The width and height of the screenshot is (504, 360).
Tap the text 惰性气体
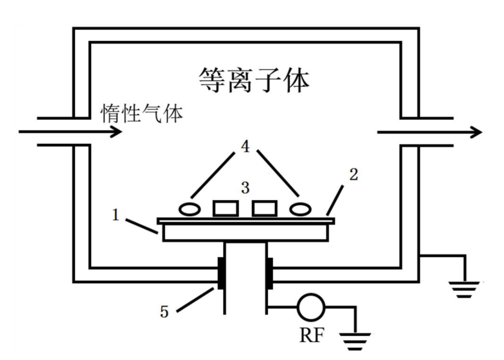(x=142, y=114)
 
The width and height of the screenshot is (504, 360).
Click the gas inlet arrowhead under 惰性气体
(x=117, y=132)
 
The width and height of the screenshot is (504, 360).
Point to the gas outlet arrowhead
(x=477, y=132)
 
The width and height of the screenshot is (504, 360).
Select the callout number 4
(x=246, y=148)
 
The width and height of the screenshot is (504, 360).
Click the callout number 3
(x=246, y=188)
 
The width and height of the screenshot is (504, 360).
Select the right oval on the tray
(x=300, y=209)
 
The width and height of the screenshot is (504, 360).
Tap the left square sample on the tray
(x=225, y=208)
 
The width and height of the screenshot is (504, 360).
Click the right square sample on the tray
(x=264, y=208)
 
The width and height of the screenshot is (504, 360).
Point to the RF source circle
(x=311, y=308)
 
